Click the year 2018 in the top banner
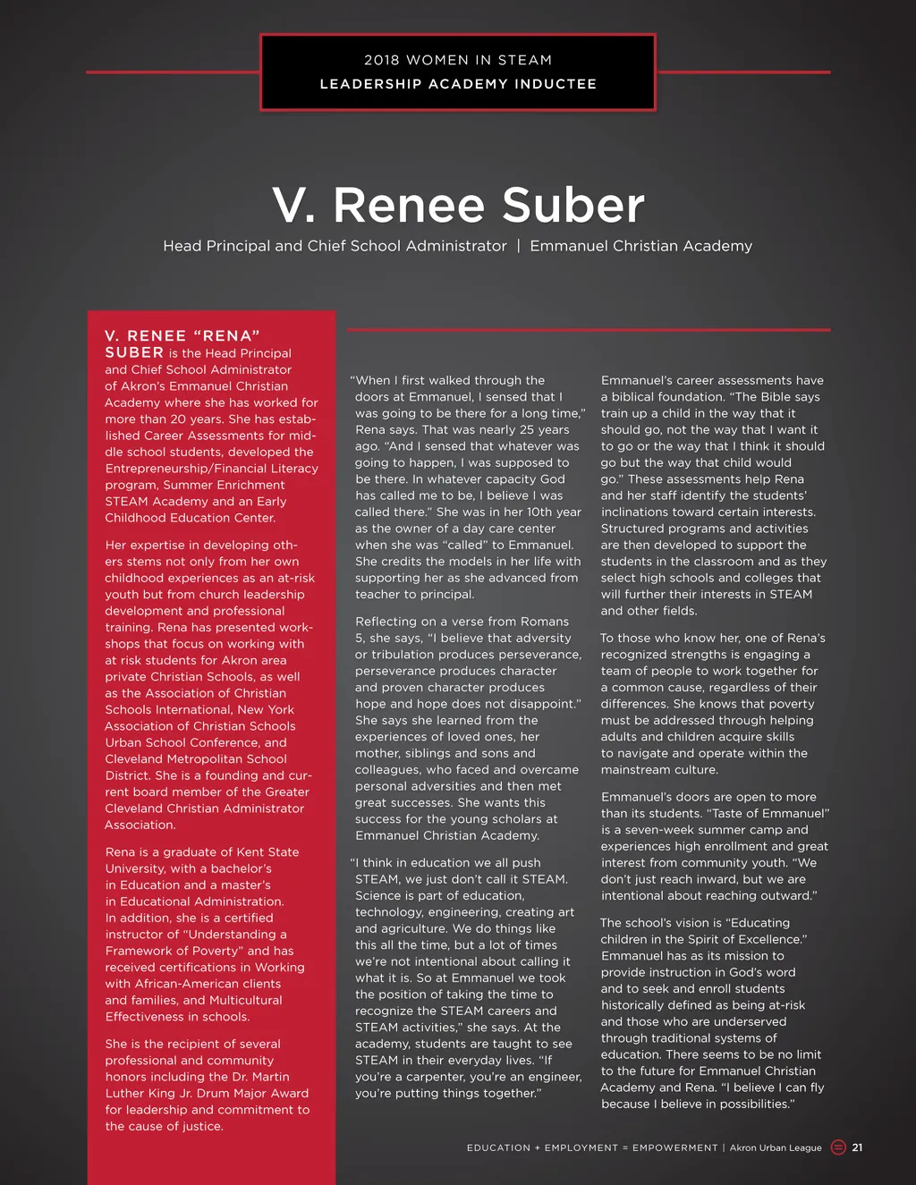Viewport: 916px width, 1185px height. pos(382,60)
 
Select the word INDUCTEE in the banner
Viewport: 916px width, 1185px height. pos(555,84)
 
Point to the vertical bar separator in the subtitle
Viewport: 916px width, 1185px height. pos(518,246)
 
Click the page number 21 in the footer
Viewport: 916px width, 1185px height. pos(857,1147)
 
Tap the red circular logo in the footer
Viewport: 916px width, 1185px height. pos(838,1147)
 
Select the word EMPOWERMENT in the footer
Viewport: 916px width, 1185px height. pos(674,1147)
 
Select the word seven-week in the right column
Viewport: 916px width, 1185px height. pos(667,830)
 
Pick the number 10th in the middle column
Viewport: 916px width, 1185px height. pos(520,512)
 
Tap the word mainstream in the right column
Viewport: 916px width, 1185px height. pos(634,770)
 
